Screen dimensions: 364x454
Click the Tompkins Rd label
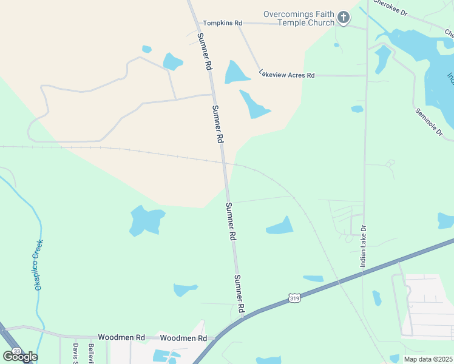pos(222,23)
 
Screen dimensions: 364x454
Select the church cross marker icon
pos(344,18)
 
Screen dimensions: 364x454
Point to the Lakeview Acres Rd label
pos(286,75)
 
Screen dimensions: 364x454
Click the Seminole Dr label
pos(429,121)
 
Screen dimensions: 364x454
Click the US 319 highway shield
pos(294,298)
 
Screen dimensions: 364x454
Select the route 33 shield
pos(16,351)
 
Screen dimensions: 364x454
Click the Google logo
pos(20,357)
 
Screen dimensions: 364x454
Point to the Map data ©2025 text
pos(427,359)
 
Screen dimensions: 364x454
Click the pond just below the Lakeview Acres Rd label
pos(254,104)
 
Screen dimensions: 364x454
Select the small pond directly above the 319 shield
pos(313,279)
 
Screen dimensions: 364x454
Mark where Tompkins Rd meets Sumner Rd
pos(200,23)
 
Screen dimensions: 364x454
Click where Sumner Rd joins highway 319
pos(243,315)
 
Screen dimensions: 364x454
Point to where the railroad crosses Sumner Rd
pos(224,162)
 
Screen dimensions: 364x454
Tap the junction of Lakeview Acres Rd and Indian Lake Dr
pos(367,76)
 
